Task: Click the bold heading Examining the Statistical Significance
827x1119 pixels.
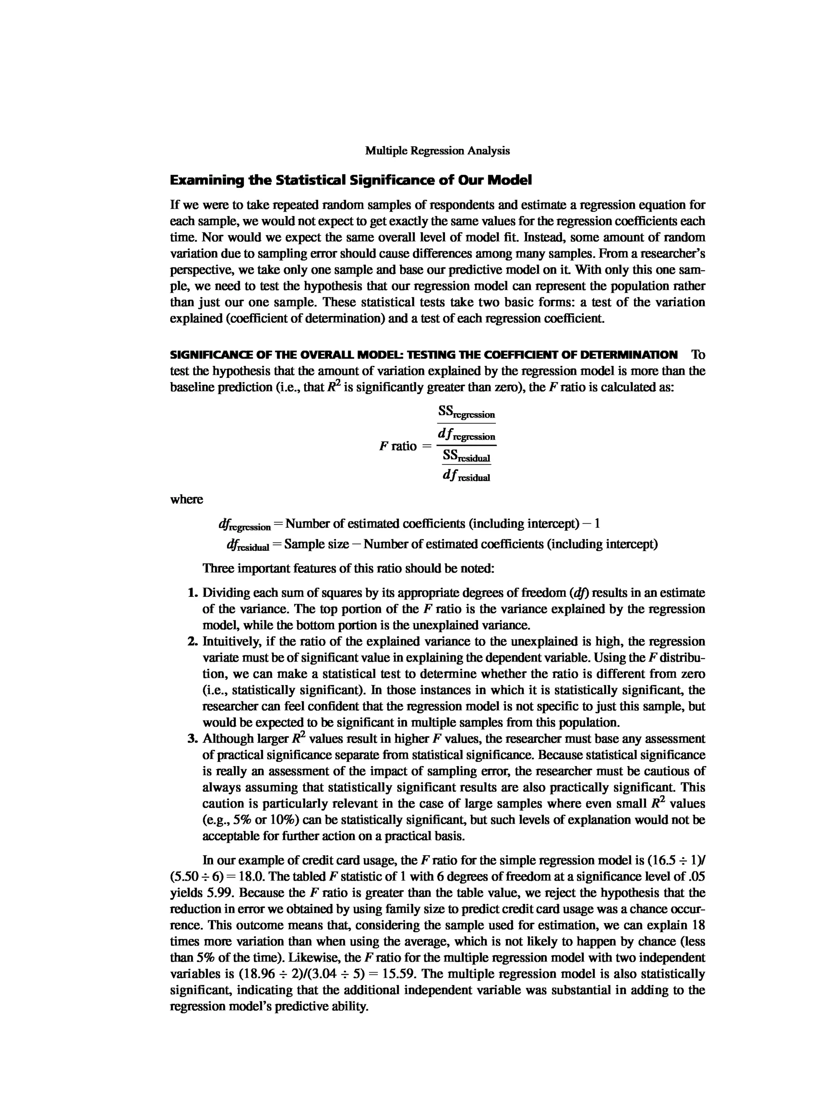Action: coord(351,180)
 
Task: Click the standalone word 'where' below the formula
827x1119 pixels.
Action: coord(187,499)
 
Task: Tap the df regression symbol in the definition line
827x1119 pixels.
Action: coord(244,525)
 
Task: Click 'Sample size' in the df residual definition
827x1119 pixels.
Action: coord(316,544)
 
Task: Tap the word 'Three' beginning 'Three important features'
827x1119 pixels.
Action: coord(217,569)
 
